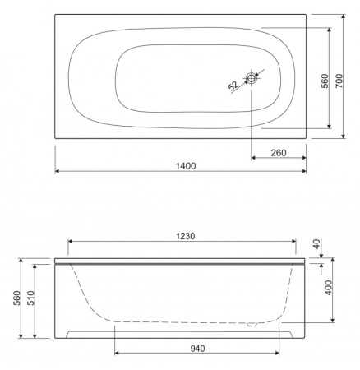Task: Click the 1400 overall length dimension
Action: pos(186,166)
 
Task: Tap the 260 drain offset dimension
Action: pos(279,153)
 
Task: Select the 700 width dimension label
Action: pos(339,81)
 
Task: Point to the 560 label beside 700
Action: pos(325,81)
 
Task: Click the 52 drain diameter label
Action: pos(233,86)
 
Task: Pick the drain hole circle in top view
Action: pos(251,78)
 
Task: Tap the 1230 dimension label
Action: pos(186,236)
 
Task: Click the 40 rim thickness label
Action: pos(316,244)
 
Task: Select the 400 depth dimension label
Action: pos(329,288)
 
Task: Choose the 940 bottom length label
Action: pos(197,349)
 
